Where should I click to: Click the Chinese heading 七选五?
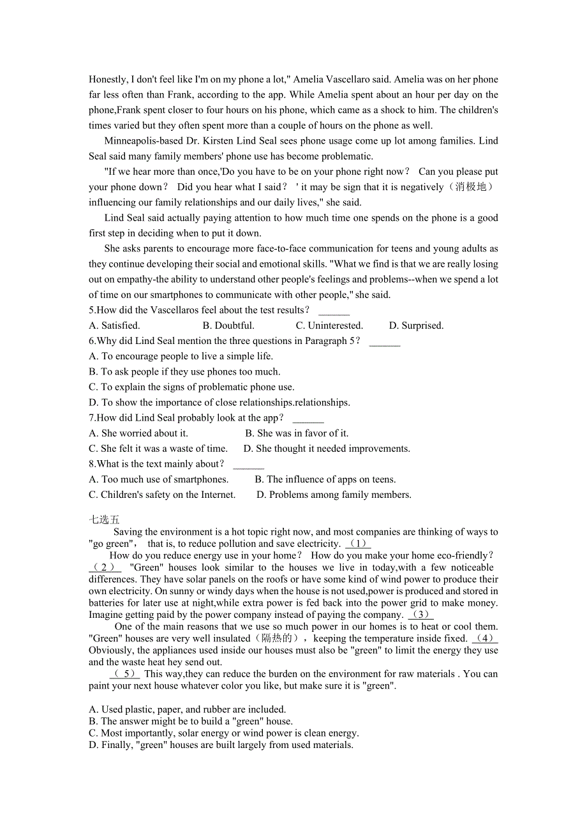(104, 520)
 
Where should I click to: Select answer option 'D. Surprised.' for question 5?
(416, 326)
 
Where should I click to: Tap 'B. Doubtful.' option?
(228, 326)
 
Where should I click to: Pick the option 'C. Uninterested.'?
(329, 326)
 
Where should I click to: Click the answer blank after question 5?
(334, 311)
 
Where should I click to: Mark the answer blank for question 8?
(248, 465)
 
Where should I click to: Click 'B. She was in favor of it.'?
(297, 433)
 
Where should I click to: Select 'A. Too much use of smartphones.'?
(158, 479)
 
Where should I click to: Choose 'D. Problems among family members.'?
(334, 495)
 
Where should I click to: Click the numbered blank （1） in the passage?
(358, 544)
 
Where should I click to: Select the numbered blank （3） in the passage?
(420, 615)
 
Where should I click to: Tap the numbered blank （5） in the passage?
(125, 674)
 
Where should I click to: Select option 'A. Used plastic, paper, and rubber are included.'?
(188, 709)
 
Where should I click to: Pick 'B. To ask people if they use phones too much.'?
(184, 371)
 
